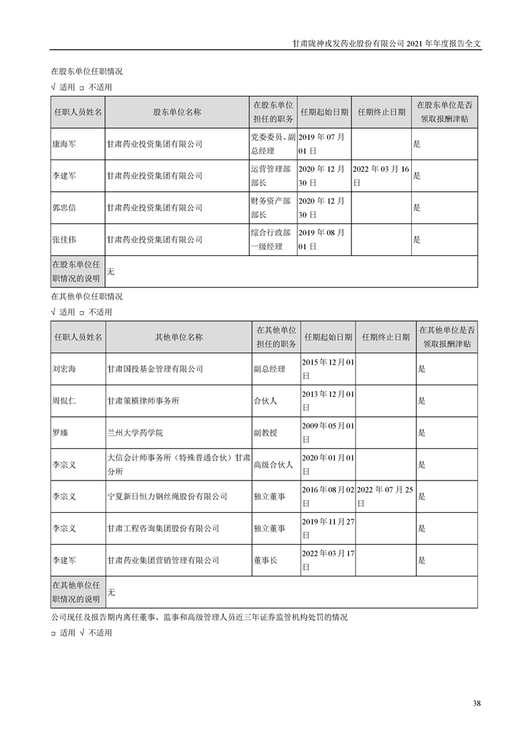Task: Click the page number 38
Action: (x=477, y=703)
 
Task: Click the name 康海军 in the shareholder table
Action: (x=64, y=144)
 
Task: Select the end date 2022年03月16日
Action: (x=380, y=176)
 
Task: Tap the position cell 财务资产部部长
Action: (x=271, y=208)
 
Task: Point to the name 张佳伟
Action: (x=64, y=239)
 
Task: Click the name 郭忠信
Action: (x=64, y=208)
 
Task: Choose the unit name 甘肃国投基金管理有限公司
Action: (x=155, y=369)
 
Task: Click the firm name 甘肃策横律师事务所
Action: (x=143, y=401)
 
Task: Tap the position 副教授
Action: (x=264, y=433)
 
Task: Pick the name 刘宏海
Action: (x=64, y=369)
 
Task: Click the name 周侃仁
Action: (x=64, y=401)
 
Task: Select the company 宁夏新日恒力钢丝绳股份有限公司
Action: (x=167, y=497)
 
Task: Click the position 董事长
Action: (x=264, y=560)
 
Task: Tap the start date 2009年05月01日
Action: (x=327, y=433)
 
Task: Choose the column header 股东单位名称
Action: (x=177, y=112)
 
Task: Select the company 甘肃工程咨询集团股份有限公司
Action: (x=163, y=529)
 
